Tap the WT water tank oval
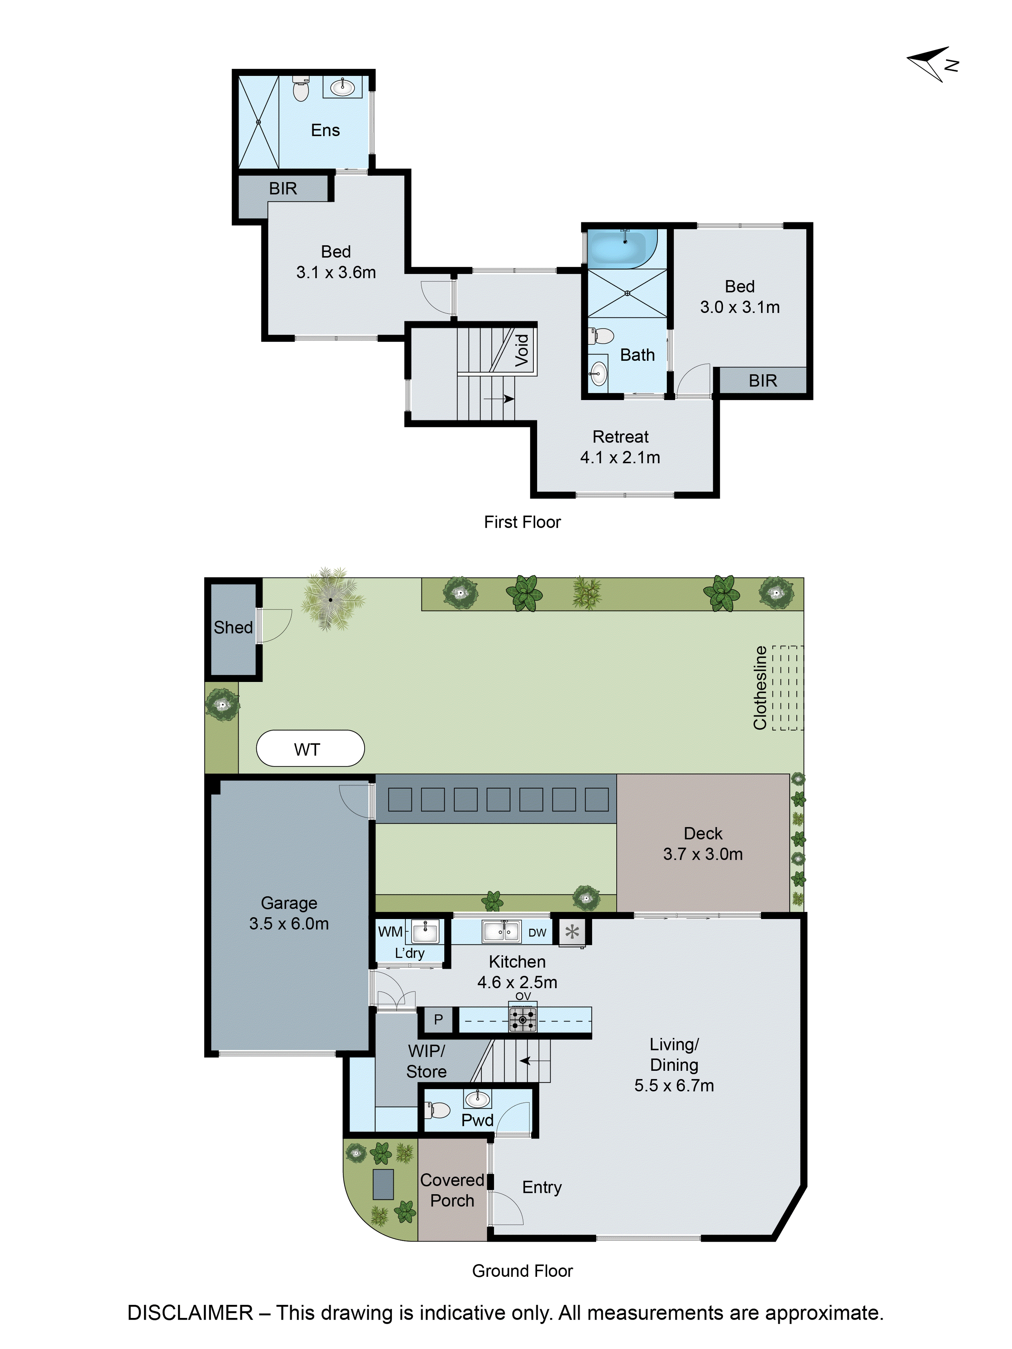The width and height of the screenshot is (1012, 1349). (x=310, y=748)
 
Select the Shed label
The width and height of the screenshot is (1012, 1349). (x=233, y=628)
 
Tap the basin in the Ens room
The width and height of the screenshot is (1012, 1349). (x=342, y=87)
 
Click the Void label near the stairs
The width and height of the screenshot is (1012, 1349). (x=522, y=350)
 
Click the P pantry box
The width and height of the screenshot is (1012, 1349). (x=438, y=1019)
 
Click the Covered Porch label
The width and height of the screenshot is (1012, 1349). (x=452, y=1190)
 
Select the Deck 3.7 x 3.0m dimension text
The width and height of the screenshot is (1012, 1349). (x=703, y=854)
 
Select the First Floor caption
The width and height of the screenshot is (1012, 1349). (x=522, y=522)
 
